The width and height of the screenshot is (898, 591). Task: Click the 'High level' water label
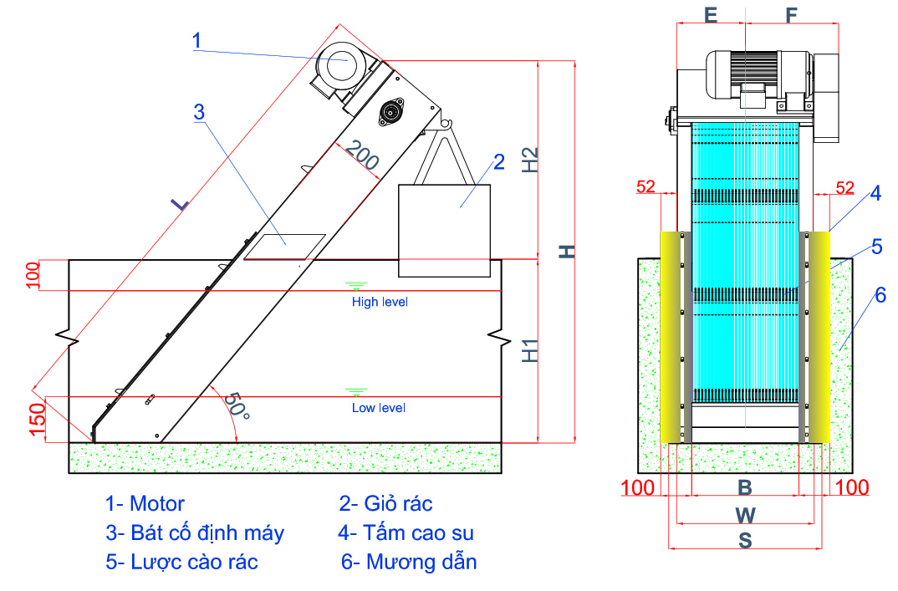[380, 302]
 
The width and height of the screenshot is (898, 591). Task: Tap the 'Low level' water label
[378, 408]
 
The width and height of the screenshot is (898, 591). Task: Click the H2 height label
[530, 159]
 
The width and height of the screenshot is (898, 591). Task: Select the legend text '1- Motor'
[145, 503]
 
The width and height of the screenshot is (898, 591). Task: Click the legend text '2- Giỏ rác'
[385, 503]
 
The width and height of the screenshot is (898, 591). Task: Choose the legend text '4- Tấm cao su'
[406, 532]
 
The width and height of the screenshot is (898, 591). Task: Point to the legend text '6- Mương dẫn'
[409, 561]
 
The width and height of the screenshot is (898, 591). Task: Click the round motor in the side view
[339, 65]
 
